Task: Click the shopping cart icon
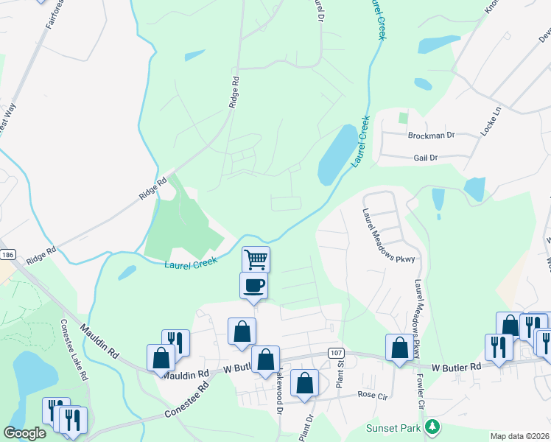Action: [x=256, y=259]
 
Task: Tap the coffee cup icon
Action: [x=253, y=285]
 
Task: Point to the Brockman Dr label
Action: [x=432, y=136]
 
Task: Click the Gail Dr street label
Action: [x=426, y=158]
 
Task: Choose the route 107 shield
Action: [x=336, y=354]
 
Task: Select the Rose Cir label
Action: [x=372, y=395]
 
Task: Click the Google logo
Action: [x=24, y=433]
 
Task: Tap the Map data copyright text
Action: [x=520, y=436]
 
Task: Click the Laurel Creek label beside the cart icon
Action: [x=191, y=264]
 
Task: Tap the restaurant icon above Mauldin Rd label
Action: [x=175, y=342]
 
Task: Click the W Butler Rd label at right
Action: [x=457, y=367]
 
